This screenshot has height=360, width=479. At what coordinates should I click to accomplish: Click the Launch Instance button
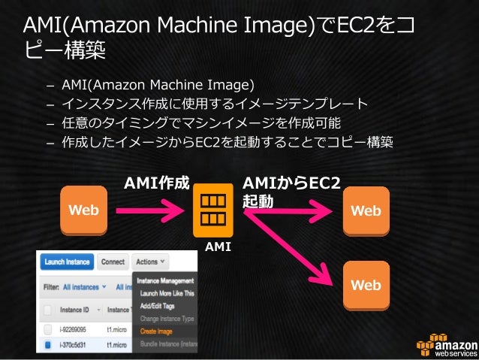(68, 262)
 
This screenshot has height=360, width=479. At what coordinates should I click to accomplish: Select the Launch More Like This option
(166, 294)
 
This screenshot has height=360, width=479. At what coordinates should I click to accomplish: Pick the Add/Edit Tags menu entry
(155, 307)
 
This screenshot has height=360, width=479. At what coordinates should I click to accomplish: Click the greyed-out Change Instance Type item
(167, 319)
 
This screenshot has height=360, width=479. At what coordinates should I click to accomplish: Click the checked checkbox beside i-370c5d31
(48, 345)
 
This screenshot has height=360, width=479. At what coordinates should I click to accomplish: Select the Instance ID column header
(75, 310)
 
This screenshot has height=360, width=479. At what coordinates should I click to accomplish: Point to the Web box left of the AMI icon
(83, 210)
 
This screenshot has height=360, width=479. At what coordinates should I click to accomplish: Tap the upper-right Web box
(366, 210)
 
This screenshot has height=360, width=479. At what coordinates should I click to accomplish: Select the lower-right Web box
(366, 285)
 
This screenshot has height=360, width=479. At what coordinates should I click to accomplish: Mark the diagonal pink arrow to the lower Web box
(293, 248)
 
